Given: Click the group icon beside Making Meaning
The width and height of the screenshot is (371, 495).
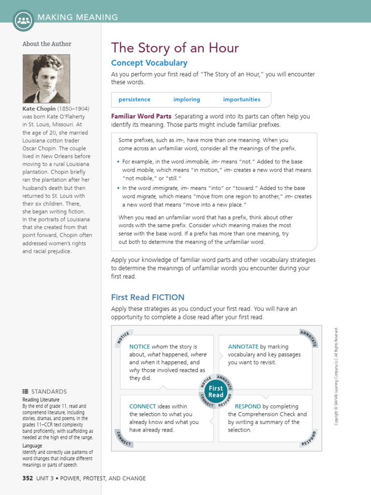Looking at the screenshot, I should point(24,20).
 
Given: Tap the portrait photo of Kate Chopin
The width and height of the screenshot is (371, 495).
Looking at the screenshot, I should point(46,78).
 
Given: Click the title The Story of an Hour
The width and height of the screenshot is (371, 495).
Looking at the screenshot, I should point(175,48).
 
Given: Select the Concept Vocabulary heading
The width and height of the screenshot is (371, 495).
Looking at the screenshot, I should point(149,63).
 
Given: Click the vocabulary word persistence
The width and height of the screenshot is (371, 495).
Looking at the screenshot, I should point(134,100).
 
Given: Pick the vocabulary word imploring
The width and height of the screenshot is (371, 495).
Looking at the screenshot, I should point(186,100).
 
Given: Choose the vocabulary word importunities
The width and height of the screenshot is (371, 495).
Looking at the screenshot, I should point(242,100).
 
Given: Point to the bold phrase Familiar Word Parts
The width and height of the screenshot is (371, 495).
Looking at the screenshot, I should point(141,116).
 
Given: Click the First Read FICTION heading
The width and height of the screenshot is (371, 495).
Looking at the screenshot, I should point(147,297).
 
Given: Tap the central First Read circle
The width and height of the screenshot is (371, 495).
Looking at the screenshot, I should point(216,392).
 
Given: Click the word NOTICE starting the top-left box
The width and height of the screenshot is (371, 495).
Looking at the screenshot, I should point(140,347).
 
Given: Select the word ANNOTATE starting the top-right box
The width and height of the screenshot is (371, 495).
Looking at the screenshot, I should point(243,347).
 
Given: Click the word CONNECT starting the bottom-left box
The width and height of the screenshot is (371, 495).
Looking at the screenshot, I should point(143,407).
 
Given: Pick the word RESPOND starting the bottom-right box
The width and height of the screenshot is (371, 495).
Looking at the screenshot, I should point(247,407).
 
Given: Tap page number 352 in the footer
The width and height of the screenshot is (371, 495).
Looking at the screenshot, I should point(28,479).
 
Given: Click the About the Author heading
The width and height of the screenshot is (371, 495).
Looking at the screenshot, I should point(47,44).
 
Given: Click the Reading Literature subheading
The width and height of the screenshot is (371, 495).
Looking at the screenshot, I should point(41,400).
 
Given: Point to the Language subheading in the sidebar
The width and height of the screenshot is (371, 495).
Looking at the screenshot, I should point(32,446).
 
